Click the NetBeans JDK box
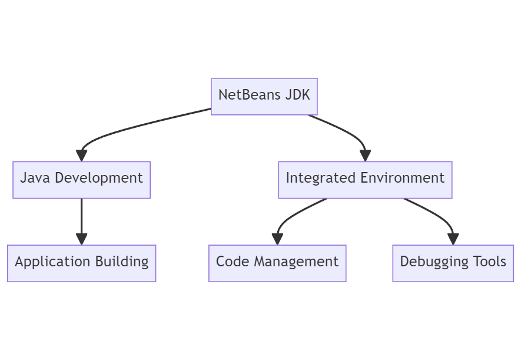point(264,96)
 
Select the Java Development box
point(81,180)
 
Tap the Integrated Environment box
point(365,180)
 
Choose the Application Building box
point(81,263)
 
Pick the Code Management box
point(277,263)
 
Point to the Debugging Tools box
point(453,263)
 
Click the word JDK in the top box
point(297,95)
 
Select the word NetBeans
point(250,95)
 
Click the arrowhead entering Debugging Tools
point(453,239)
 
